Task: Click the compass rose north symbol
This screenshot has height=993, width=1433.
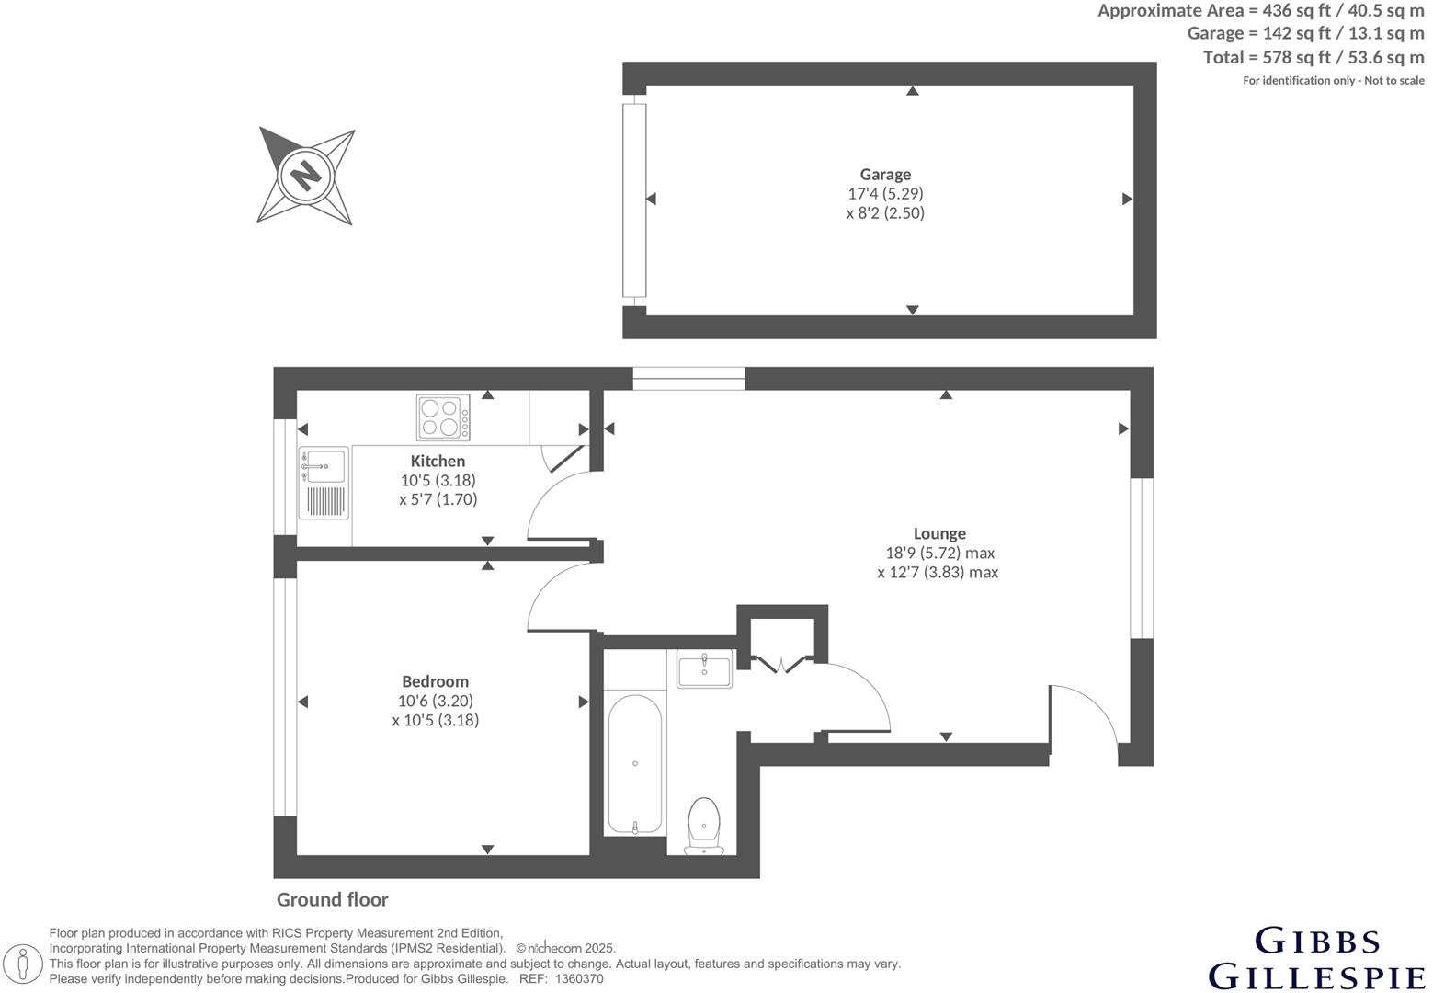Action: pos(305,175)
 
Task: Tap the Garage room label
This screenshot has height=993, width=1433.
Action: pos(885,175)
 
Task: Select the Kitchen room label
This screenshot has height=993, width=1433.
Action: pos(438,461)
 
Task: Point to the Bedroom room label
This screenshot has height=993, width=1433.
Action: pos(435,681)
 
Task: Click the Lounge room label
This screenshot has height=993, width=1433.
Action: pos(939,533)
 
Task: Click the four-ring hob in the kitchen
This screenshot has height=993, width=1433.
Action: pos(442,417)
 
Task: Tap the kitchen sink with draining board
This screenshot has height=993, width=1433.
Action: pos(324,483)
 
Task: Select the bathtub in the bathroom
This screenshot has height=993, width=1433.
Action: pos(634,763)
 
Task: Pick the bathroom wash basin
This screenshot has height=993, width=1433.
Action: pos(705,668)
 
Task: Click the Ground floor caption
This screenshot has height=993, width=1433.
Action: pos(333,900)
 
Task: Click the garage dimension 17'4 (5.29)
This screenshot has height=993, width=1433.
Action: pos(885,194)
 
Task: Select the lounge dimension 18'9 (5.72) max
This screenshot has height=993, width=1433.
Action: pos(939,554)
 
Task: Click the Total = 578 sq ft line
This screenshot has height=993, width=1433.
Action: pos(1313,57)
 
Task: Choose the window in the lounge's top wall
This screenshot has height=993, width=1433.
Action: pos(688,372)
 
